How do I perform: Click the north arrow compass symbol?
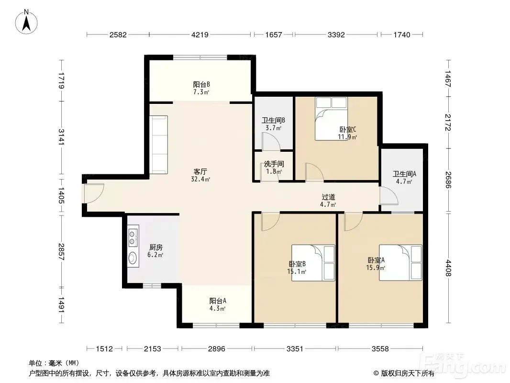point(26,22)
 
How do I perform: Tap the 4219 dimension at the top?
point(200,34)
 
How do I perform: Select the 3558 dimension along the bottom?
point(380,349)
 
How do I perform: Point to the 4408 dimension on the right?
point(449,268)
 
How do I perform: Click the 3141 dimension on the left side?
point(61,137)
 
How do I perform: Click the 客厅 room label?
point(200,171)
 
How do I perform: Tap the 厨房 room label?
point(156,248)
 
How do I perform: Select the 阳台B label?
point(201,85)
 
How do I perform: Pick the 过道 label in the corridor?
point(328,197)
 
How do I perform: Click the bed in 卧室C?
point(331,119)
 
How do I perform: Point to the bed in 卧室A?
point(400,263)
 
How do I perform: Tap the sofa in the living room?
point(159,145)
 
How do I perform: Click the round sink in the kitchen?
point(133,258)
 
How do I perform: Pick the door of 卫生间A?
point(389,196)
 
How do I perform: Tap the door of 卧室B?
point(270,222)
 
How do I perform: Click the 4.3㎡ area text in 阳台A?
point(218,308)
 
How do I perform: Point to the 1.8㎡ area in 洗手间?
point(274,171)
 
